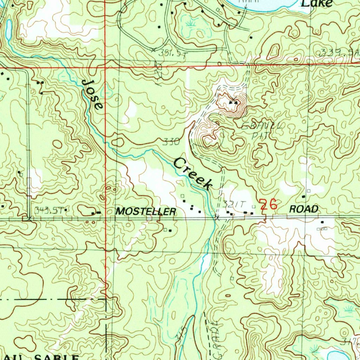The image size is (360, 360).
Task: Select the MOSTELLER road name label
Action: (146, 211)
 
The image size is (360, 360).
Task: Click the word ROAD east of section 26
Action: (304, 209)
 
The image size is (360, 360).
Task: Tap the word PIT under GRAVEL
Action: (259, 135)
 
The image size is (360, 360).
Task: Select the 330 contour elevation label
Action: (172, 142)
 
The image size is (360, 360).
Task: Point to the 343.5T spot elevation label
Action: (49, 210)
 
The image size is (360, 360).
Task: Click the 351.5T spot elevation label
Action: (171, 53)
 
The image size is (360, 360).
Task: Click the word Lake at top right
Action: (317, 4)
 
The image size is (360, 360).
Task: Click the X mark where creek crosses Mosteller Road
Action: (217, 218)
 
